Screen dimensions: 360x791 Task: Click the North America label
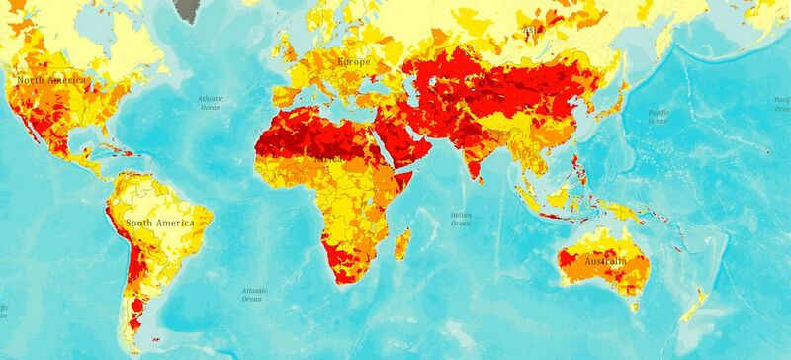(x=50, y=79)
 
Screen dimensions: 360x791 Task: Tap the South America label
(x=161, y=224)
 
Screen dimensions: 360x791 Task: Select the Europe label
(x=353, y=61)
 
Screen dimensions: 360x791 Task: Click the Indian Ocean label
(x=460, y=219)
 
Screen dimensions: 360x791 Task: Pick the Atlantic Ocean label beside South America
(x=253, y=293)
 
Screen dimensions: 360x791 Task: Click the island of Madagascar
(x=403, y=242)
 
